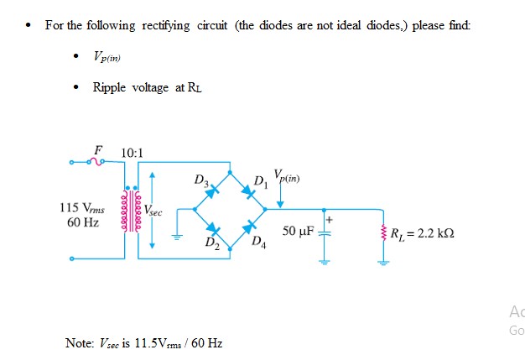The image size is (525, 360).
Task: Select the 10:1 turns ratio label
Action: (133, 153)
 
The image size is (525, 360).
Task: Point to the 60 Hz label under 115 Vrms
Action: (81, 222)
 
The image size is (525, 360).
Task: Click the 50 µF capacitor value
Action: (299, 230)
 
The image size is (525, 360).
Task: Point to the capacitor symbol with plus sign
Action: (324, 230)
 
